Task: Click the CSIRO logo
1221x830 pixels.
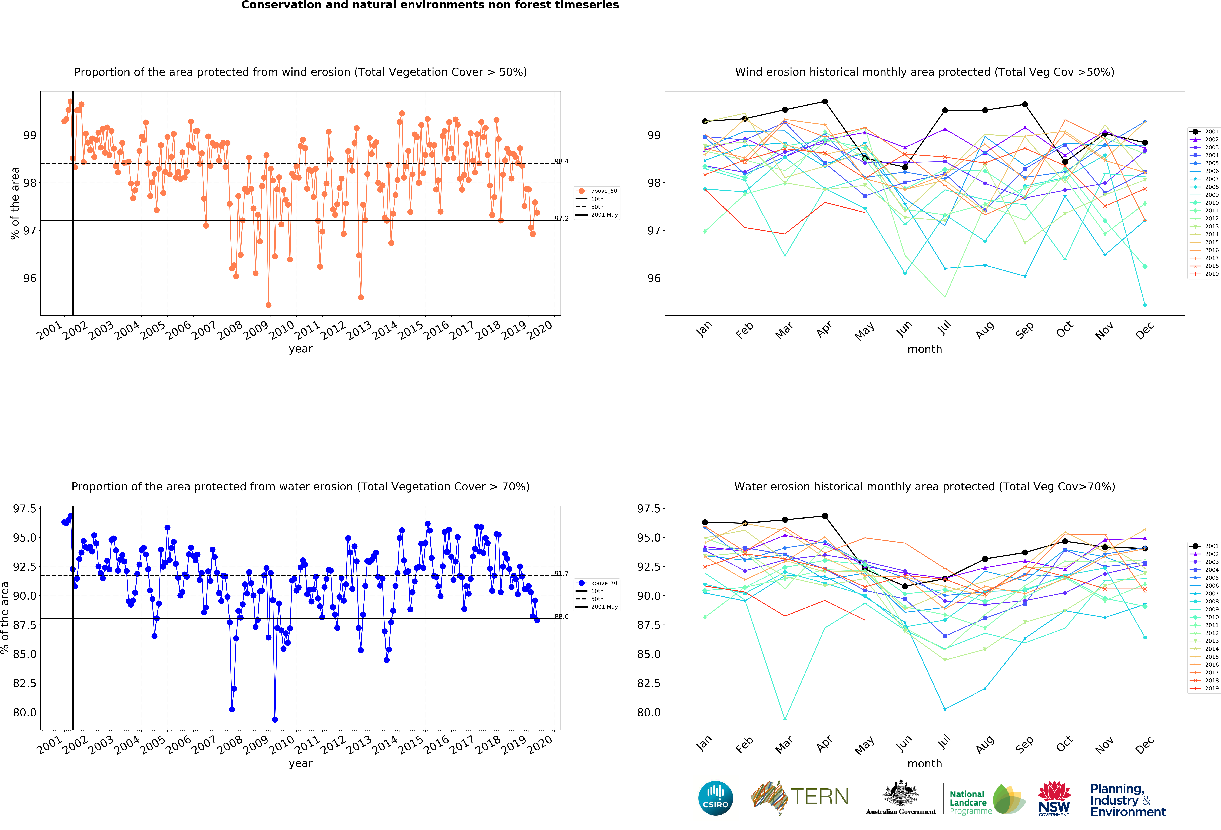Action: [716, 798]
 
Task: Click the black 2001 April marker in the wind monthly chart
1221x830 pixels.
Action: [825, 101]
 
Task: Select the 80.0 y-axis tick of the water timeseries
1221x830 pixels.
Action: [25, 712]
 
